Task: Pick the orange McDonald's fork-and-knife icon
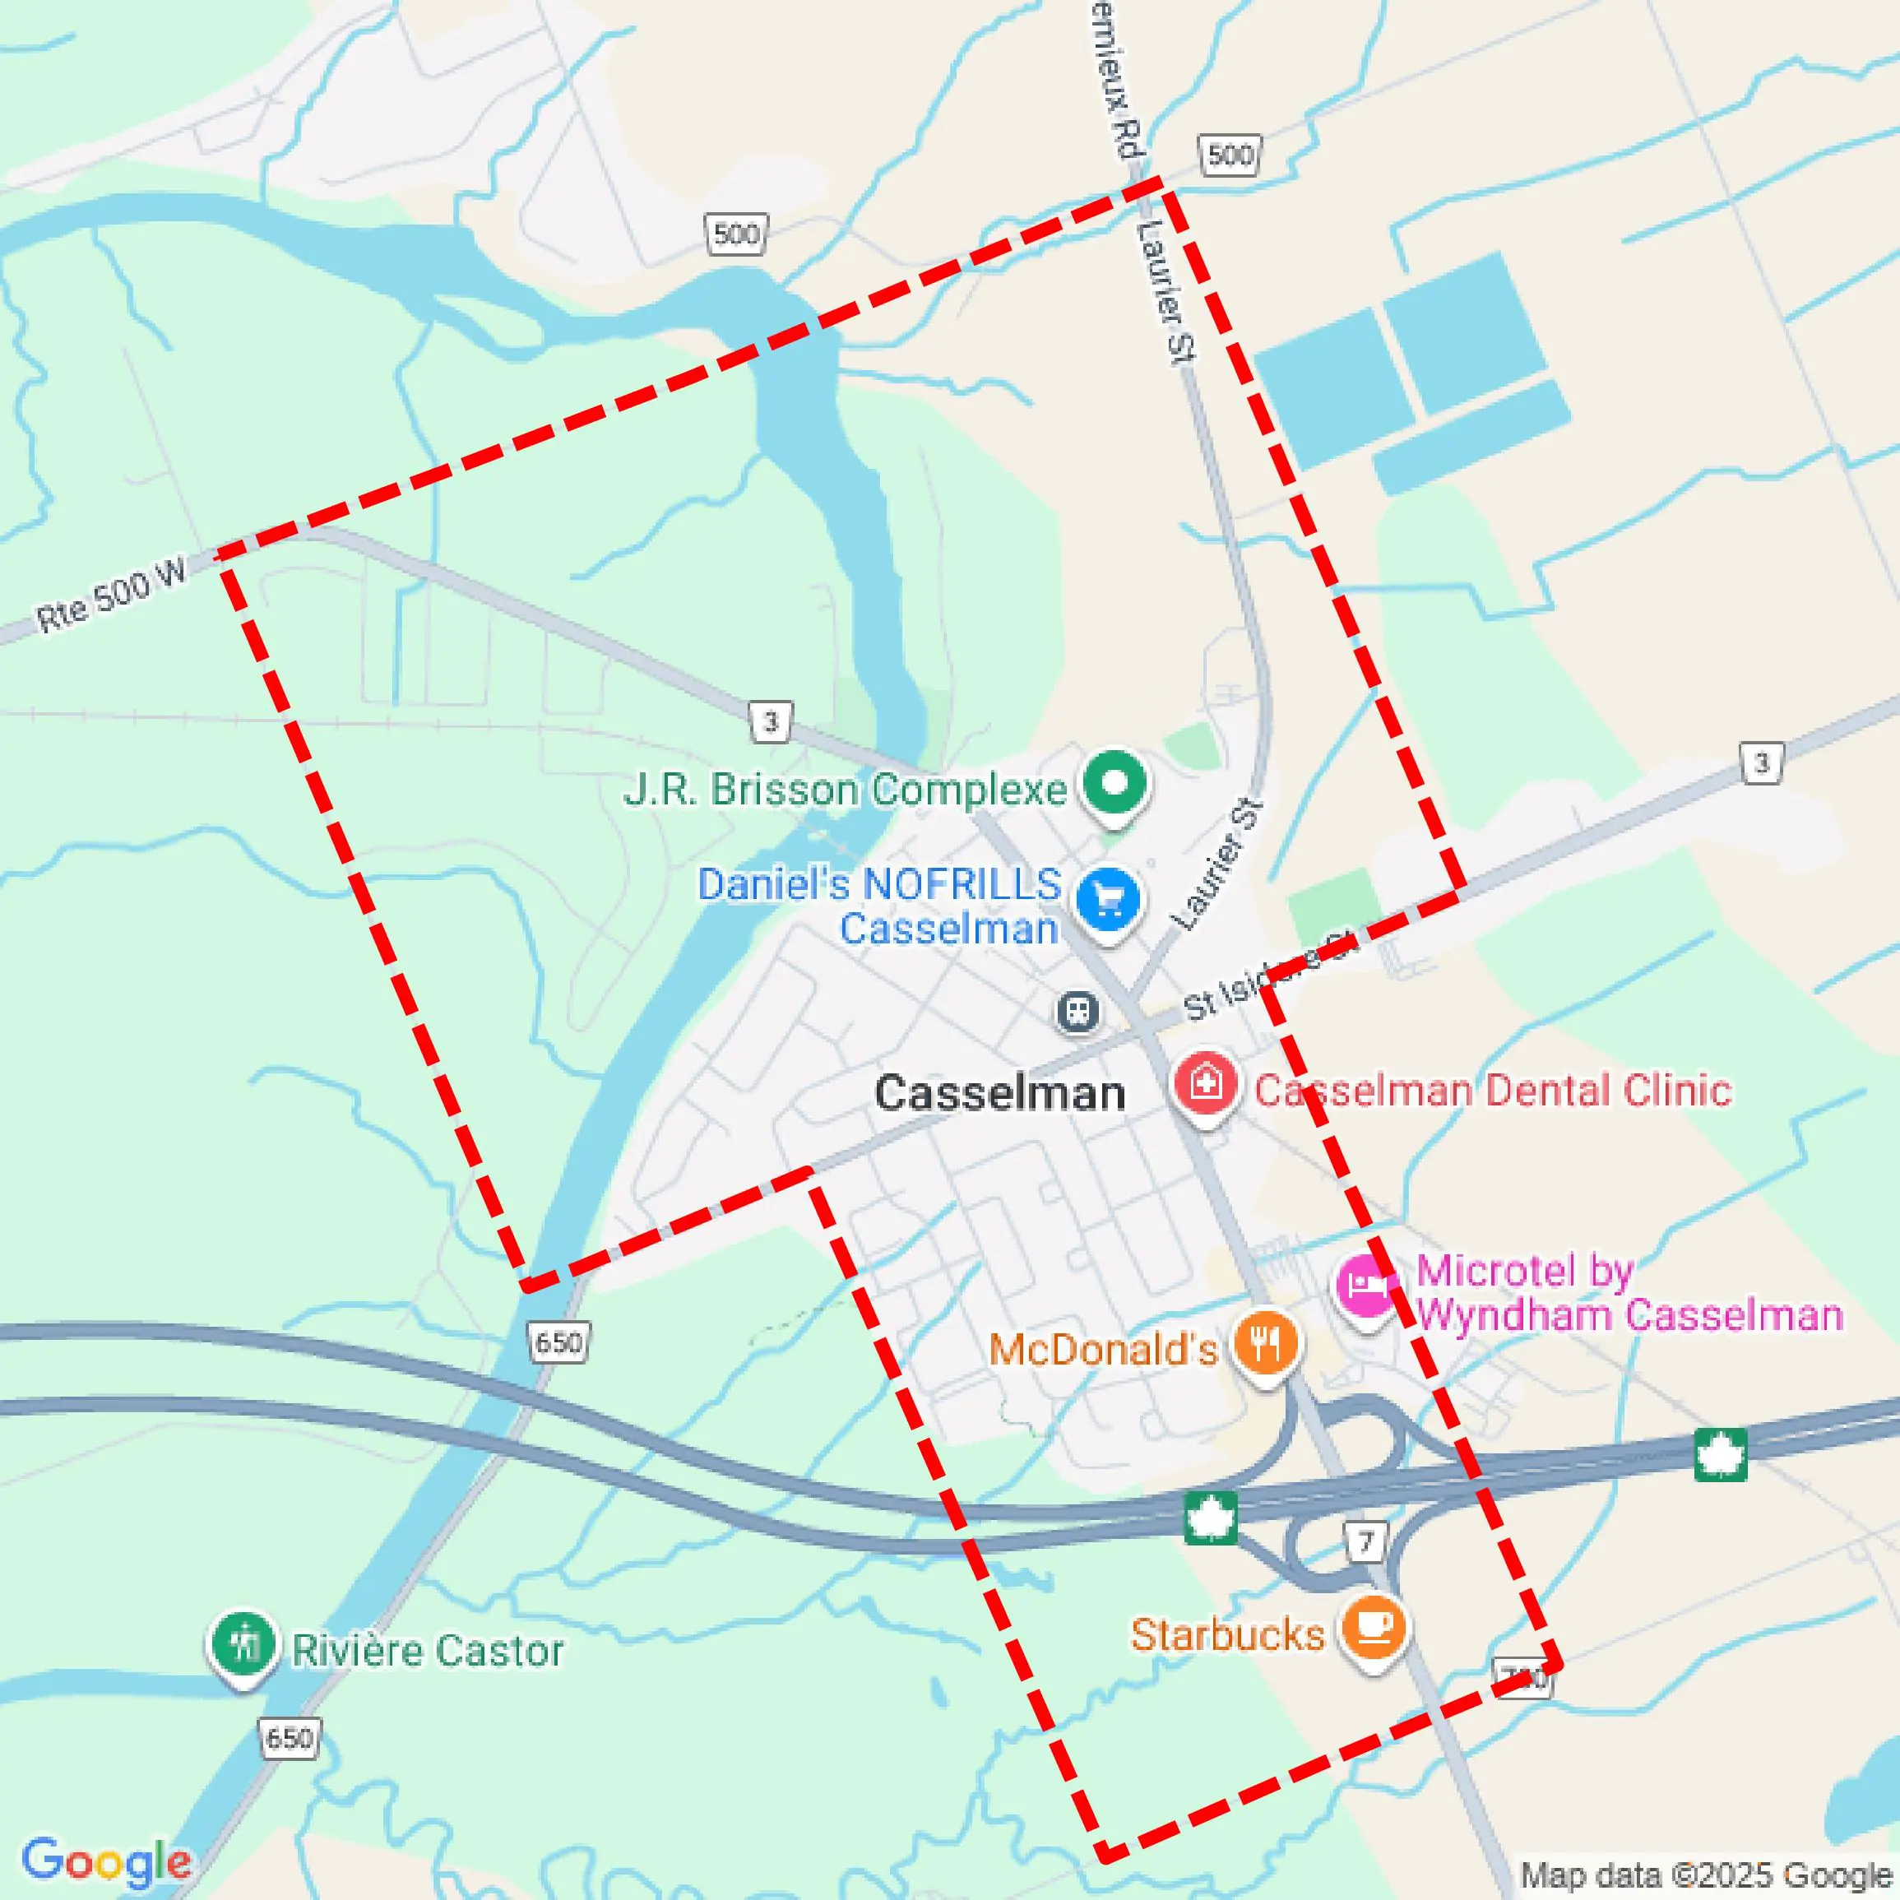[1266, 1341]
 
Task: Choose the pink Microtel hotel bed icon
[1366, 1285]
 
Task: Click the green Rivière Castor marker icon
[243, 1643]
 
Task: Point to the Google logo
[106, 1861]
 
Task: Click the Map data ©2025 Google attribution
[1706, 1876]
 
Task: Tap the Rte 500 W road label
[111, 595]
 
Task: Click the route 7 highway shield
[1366, 1541]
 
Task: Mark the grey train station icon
[1077, 1011]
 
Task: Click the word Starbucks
[1227, 1634]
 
